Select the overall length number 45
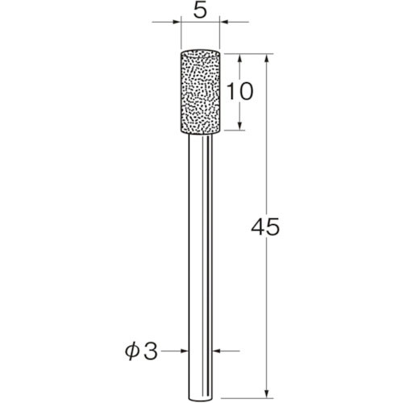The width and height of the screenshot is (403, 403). pos(265,228)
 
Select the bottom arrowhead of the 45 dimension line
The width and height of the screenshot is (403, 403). pos(265,391)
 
